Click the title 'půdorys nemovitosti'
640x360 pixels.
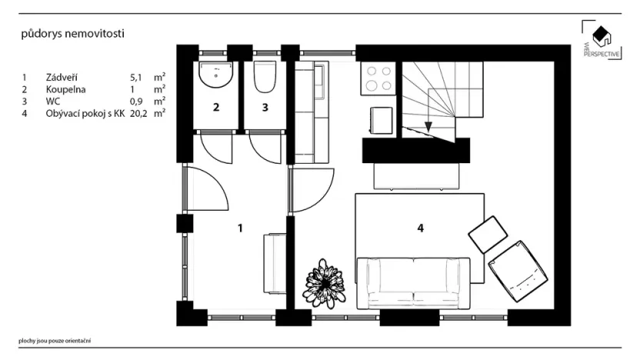point(72,34)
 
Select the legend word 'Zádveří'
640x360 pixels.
point(62,78)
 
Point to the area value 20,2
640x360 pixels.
point(138,112)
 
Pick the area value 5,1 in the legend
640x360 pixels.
point(137,78)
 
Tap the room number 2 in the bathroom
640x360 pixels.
point(216,108)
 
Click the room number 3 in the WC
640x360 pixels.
point(265,108)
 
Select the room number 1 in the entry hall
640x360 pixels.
point(241,228)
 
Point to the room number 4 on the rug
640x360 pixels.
point(420,228)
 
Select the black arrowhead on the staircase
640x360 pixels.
point(428,127)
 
